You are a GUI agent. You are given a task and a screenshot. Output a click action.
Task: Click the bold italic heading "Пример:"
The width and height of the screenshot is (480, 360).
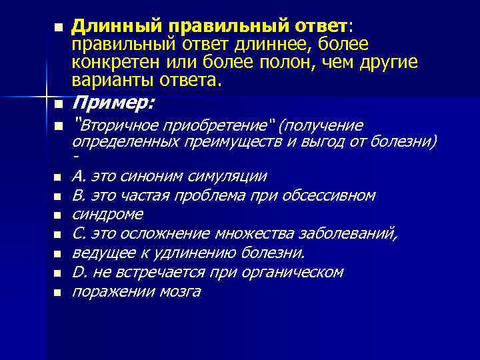point(113,103)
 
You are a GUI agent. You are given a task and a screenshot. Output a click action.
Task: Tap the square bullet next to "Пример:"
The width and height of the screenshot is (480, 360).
point(58,105)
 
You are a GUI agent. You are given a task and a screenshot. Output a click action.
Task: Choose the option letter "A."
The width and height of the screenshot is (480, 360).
point(79,177)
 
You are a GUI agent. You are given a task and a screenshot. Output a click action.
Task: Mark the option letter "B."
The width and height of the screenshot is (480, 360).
point(79,196)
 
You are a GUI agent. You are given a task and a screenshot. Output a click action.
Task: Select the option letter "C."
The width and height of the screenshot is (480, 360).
point(79,234)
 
